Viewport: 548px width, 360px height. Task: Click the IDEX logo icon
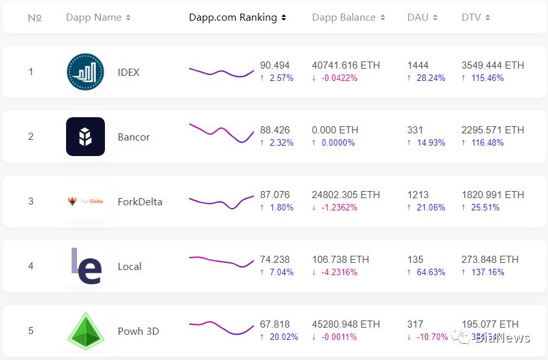(86, 72)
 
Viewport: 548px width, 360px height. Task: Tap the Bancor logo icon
(86, 137)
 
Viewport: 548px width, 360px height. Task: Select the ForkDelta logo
(86, 201)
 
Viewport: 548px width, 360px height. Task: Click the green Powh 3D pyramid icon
(86, 331)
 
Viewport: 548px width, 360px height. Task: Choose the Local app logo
(86, 266)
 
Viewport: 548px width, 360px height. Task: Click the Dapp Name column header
(98, 17)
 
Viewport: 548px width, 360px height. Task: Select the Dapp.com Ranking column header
(237, 17)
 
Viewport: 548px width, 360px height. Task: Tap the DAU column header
(422, 17)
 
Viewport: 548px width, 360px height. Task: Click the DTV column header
(475, 17)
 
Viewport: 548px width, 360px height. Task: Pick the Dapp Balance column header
(348, 17)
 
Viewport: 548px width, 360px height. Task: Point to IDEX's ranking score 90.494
(275, 65)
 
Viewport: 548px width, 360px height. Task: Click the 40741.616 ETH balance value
(346, 65)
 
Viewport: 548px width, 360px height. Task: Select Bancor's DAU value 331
(415, 130)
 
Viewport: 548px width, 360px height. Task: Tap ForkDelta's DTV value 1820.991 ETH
(493, 195)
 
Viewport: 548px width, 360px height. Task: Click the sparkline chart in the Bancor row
(222, 133)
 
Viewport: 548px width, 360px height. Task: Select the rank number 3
(30, 201)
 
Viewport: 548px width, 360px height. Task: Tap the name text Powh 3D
(139, 331)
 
